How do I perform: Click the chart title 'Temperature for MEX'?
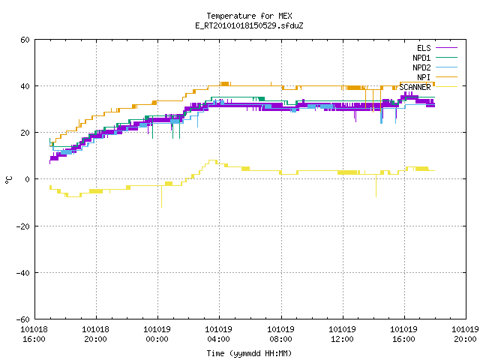click(249, 16)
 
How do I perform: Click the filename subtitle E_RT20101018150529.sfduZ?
click(249, 25)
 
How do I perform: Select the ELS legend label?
click(424, 48)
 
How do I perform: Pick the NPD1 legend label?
click(421, 58)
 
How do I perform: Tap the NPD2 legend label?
click(421, 67)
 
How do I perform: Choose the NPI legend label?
click(424, 77)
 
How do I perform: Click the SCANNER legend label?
click(415, 87)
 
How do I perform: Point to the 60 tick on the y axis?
click(25, 40)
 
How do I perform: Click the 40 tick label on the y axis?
click(25, 86)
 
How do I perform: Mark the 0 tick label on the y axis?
click(28, 179)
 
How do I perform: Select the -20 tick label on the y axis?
click(23, 226)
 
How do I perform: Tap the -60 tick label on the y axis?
click(23, 319)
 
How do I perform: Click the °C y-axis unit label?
click(8, 180)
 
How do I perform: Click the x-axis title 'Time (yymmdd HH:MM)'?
click(249, 353)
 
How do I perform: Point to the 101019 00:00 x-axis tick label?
click(157, 334)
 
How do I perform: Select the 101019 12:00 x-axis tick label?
click(342, 334)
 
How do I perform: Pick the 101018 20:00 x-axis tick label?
click(95, 334)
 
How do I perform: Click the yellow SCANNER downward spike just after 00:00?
click(162, 196)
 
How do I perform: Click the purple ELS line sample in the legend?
click(446, 48)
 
